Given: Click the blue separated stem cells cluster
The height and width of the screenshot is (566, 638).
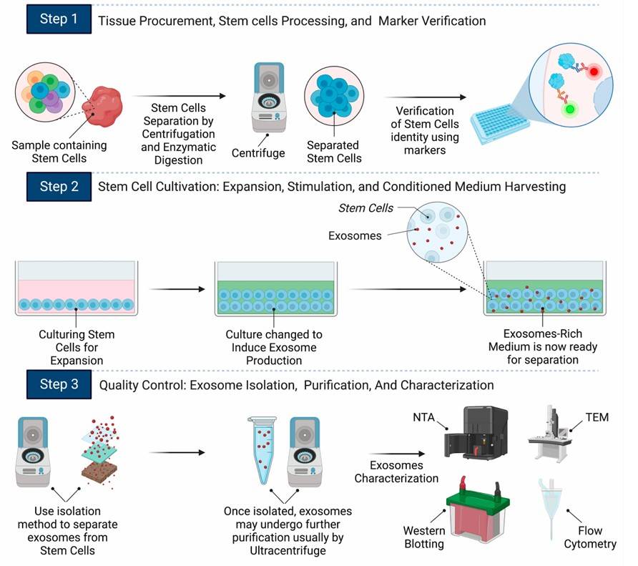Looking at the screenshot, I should click(332, 96).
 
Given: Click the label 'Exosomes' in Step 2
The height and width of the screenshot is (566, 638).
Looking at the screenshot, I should click(355, 235).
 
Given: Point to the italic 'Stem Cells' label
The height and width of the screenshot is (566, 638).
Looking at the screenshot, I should click(365, 208).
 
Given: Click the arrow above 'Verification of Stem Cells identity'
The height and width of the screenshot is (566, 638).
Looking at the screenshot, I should click(425, 97).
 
